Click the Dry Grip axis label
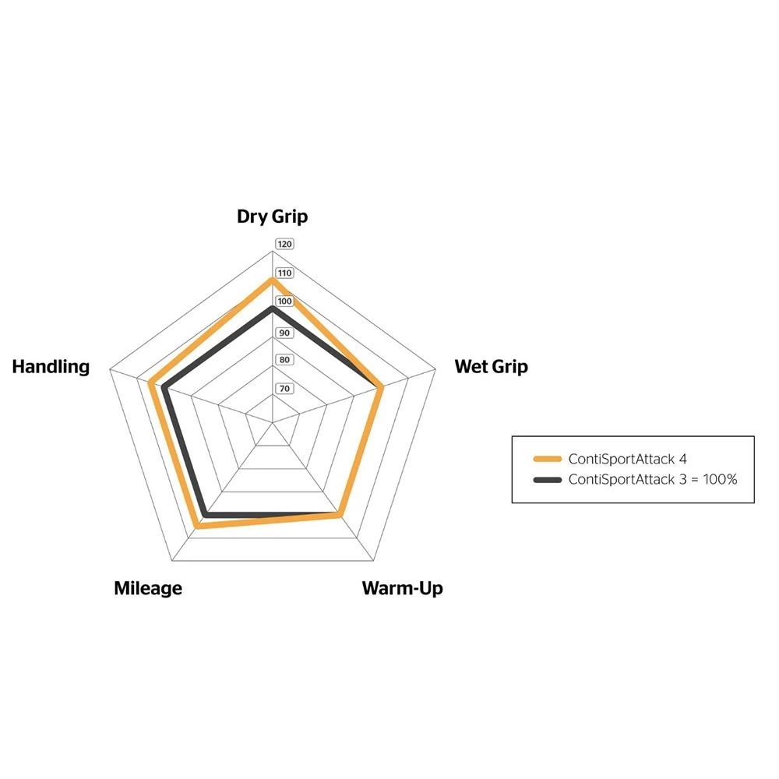coord(272,217)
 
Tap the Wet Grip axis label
coord(491,367)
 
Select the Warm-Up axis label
coord(403,588)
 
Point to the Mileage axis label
coord(148,588)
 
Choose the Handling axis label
coord(51,367)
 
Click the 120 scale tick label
coord(284,244)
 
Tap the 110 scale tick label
coord(284,273)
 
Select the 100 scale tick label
coord(284,301)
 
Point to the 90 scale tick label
coord(284,333)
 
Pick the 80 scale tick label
coord(284,360)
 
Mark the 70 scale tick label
coord(284,389)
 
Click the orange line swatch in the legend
coord(548,459)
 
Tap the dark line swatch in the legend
coord(548,479)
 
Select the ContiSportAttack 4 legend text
coord(627,459)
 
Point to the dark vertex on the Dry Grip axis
coord(272,308)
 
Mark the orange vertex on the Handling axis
coord(150,382)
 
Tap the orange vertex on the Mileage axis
coord(197,526)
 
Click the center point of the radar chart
coord(272,422)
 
